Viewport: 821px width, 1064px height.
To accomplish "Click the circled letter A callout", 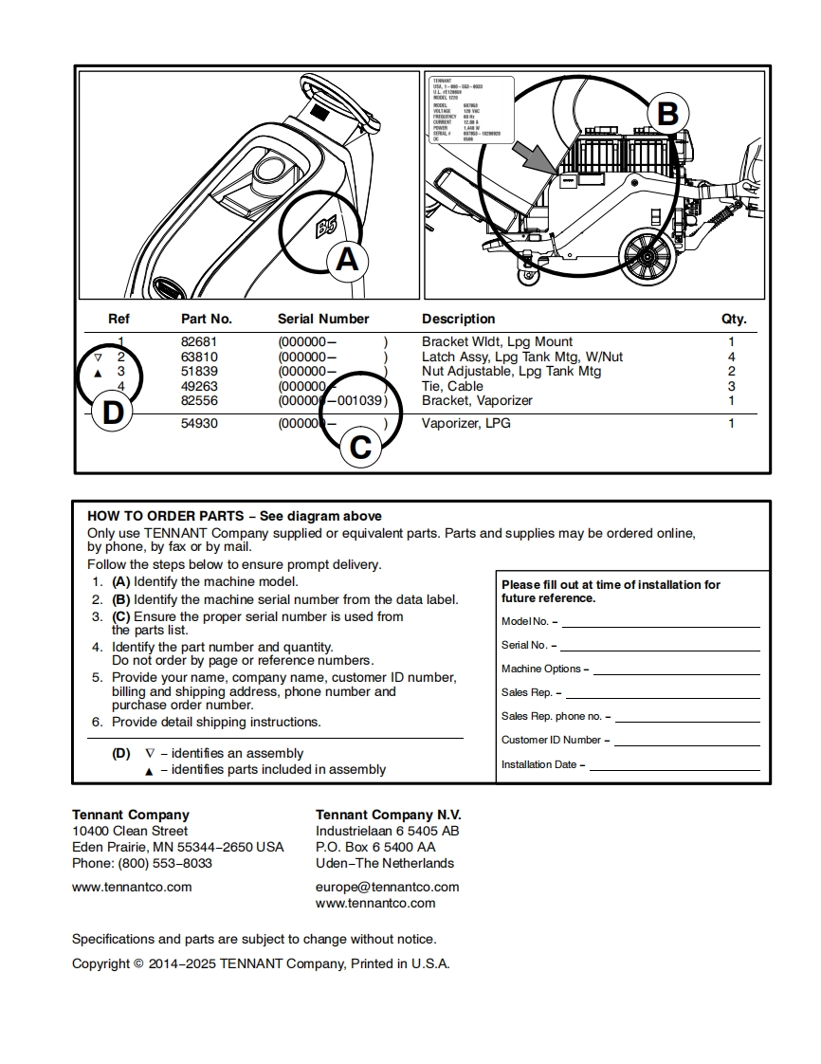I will click(347, 259).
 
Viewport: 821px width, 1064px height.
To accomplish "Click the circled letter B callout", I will click(667, 114).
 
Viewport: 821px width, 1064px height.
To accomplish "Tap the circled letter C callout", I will click(361, 447).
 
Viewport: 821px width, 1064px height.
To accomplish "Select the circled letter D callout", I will click(113, 413).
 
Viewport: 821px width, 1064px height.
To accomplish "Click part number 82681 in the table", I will click(199, 341).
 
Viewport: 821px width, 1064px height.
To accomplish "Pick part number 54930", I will click(199, 423).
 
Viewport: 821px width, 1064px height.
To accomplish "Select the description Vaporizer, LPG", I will click(465, 423).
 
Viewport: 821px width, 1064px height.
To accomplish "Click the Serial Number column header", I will click(323, 319).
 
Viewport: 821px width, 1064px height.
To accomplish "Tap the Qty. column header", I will click(734, 319).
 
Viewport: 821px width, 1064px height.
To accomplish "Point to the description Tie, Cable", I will click(452, 386).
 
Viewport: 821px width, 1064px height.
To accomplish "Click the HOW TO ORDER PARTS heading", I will click(166, 516).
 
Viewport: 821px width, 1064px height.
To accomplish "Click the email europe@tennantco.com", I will click(387, 887).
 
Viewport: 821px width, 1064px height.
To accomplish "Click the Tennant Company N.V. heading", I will click(388, 815).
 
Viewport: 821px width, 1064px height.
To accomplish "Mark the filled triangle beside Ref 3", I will click(98, 373).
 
